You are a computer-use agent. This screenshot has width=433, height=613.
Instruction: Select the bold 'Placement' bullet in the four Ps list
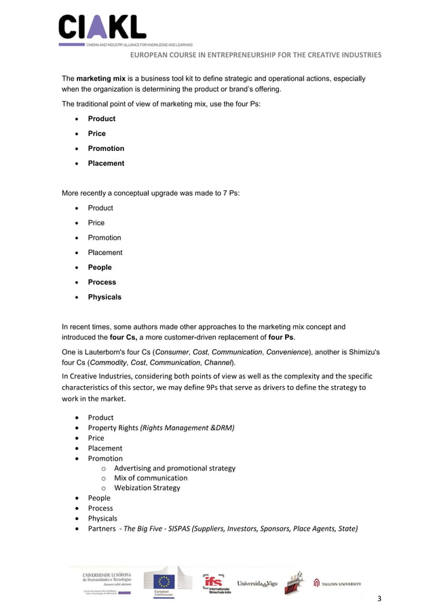pyautogui.click(x=106, y=163)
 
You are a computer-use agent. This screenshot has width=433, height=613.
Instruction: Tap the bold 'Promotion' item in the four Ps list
pyautogui.click(x=106, y=148)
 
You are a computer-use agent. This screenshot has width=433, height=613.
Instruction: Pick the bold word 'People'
pyautogui.click(x=100, y=267)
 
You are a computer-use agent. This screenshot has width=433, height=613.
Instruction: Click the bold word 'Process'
pyautogui.click(x=102, y=282)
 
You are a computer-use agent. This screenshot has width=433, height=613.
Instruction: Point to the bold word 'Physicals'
pyautogui.click(x=105, y=297)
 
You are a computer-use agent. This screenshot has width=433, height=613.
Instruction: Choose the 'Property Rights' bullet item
pyautogui.click(x=113, y=427)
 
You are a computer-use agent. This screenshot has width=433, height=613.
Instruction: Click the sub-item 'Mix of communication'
pyautogui.click(x=151, y=478)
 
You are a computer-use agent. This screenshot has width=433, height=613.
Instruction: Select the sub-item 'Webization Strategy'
pyautogui.click(x=147, y=487)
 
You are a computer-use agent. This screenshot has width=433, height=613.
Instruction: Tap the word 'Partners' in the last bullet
pyautogui.click(x=102, y=528)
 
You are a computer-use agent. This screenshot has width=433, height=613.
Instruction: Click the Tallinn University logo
pyautogui.click(x=337, y=583)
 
